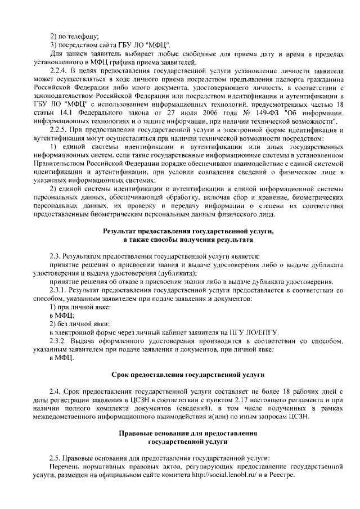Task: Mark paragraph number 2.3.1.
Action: (x=58, y=290)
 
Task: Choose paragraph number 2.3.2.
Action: (x=58, y=341)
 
